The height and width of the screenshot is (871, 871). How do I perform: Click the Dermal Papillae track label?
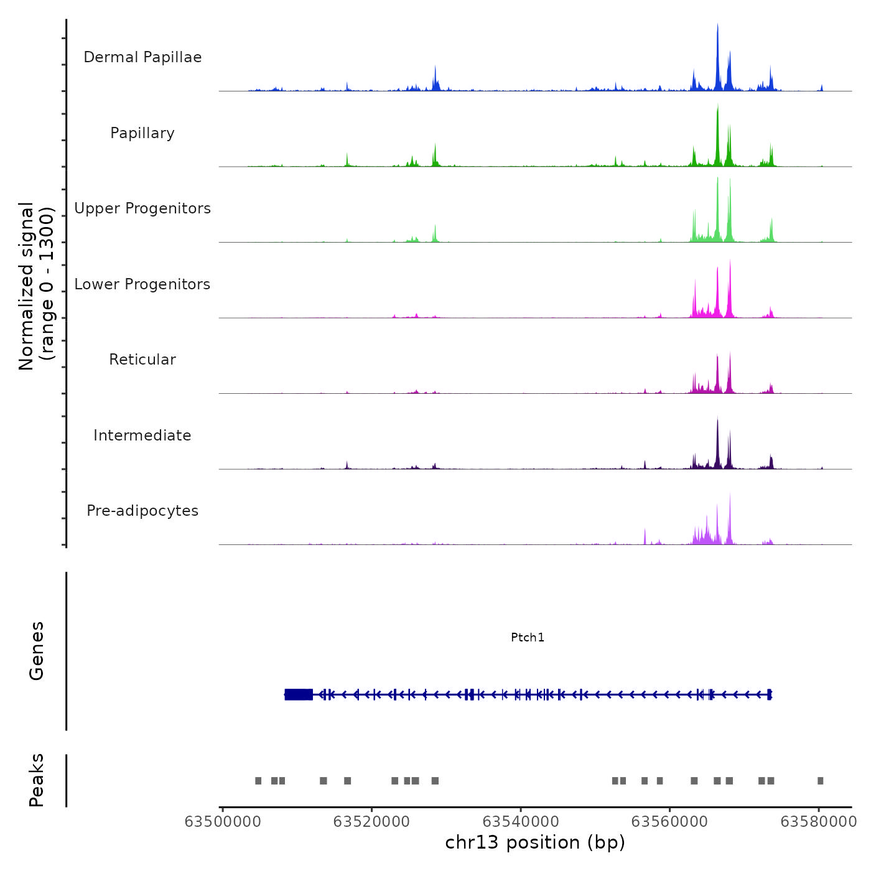point(142,57)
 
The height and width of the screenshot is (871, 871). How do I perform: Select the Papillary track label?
point(142,133)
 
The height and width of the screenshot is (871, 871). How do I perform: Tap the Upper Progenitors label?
point(142,208)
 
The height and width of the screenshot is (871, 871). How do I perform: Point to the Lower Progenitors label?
point(142,284)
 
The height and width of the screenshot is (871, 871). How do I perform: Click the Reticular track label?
point(142,360)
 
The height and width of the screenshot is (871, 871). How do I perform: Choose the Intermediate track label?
point(142,435)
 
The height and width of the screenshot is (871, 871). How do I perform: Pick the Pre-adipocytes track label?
point(142,511)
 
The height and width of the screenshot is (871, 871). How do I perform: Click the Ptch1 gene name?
point(528,637)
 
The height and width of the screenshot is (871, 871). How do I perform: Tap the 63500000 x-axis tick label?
point(223,822)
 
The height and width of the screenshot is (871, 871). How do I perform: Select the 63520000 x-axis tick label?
point(371,822)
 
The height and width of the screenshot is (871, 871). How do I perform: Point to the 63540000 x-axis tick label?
point(521,822)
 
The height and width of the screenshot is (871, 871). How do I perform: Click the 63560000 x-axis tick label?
point(669,822)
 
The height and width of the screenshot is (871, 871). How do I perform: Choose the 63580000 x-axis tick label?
point(819,822)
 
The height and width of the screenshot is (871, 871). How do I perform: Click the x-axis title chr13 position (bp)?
point(535,842)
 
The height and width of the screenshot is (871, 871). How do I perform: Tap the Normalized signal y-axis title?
point(36,286)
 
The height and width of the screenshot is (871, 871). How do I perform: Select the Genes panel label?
point(37,651)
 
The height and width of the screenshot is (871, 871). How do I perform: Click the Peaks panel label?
point(37,780)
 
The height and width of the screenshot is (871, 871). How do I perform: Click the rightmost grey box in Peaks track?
point(820,781)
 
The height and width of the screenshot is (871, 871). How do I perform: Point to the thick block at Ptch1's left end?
point(299,694)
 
